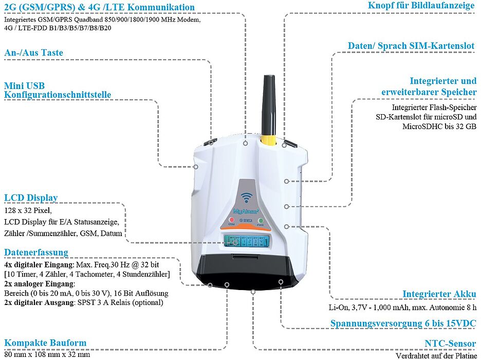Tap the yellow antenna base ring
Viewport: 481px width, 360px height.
pyautogui.click(x=267, y=140)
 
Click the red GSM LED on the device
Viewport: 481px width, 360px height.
pyautogui.click(x=232, y=219)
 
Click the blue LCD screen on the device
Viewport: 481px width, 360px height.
pyautogui.click(x=247, y=240)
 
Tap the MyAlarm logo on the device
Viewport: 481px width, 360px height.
pyautogui.click(x=245, y=211)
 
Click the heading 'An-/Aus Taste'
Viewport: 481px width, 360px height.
pyautogui.click(x=34, y=52)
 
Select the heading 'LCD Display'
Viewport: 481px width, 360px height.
pyautogui.click(x=31, y=197)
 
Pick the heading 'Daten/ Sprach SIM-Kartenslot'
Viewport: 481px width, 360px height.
pyautogui.click(x=411, y=46)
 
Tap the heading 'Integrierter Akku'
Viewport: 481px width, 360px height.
pyautogui.click(x=439, y=294)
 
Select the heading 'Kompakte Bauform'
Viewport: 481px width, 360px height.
pyautogui.click(x=45, y=343)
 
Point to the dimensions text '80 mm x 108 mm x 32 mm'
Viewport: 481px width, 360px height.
pyautogui.click(x=47, y=354)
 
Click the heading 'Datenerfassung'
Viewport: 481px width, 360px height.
pyautogui.click(x=36, y=252)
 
